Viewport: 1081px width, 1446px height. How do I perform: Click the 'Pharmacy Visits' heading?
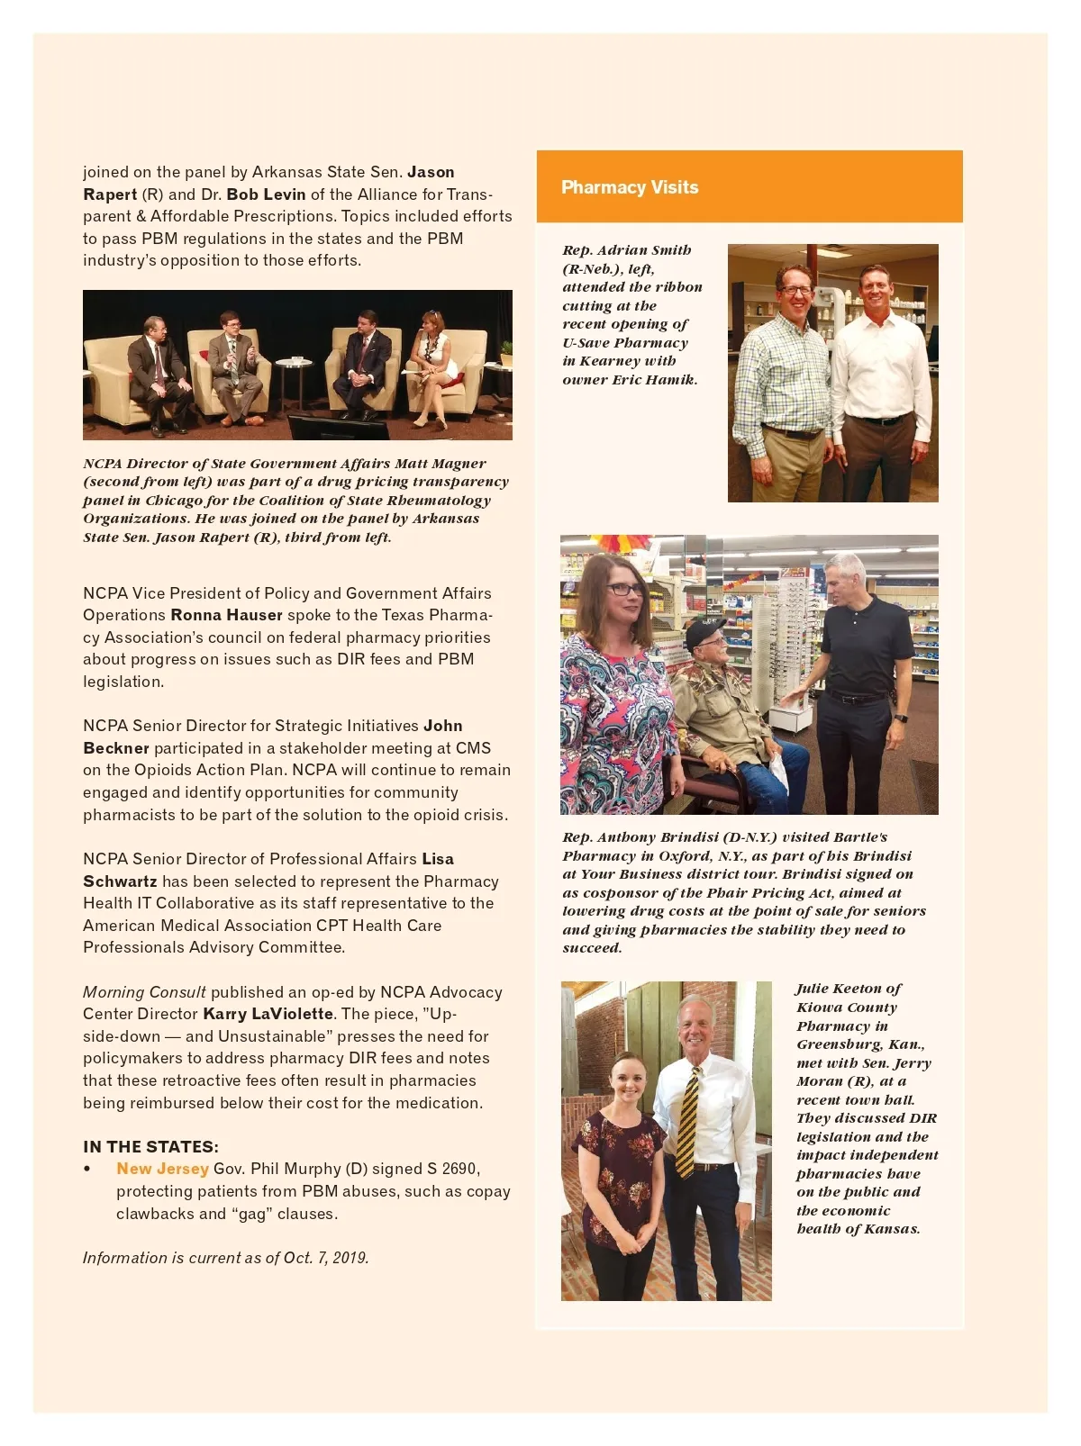[x=630, y=187]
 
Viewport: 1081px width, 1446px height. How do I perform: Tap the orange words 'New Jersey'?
[x=162, y=1169]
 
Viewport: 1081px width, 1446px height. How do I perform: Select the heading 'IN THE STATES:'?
[x=150, y=1146]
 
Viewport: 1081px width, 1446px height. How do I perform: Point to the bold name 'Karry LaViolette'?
[x=268, y=1014]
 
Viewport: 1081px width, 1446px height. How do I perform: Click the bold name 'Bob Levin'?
[x=266, y=194]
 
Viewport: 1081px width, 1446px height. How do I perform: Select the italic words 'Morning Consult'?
[x=144, y=992]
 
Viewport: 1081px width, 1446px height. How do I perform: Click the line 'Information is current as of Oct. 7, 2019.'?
[x=225, y=1258]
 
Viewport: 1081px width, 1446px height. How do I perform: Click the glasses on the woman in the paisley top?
[x=624, y=590]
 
